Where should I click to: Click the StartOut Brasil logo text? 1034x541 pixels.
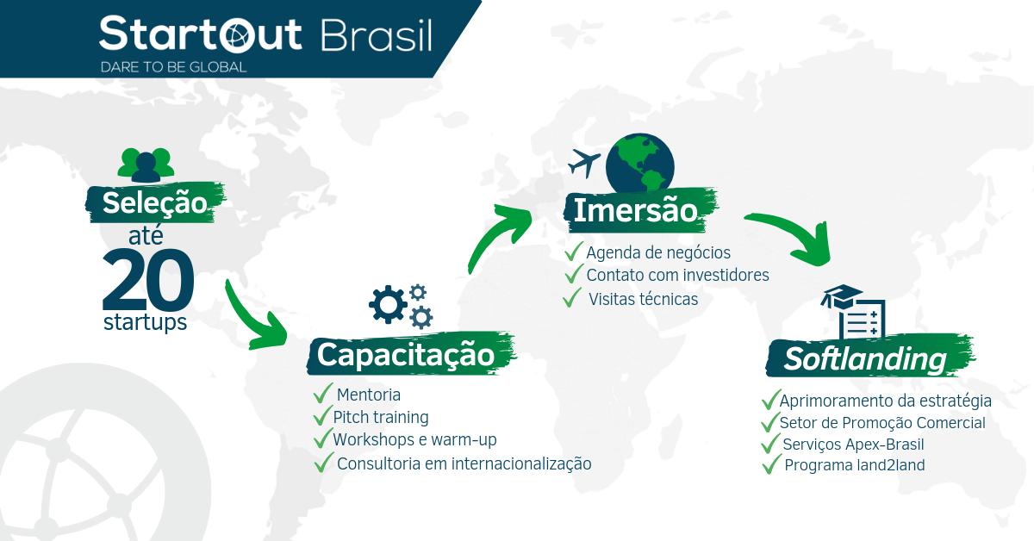[x=265, y=35]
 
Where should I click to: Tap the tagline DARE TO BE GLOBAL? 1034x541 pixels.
[x=173, y=66]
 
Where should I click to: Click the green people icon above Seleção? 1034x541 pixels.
[x=146, y=163]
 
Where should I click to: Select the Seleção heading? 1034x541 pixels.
[x=154, y=203]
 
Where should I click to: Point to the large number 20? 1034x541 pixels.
[x=147, y=279]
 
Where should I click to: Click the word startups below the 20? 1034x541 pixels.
[x=145, y=324]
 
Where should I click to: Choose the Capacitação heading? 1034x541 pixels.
[x=406, y=354]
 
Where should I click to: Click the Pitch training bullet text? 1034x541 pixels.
[x=381, y=418]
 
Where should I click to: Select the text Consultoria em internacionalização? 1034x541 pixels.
[x=464, y=463]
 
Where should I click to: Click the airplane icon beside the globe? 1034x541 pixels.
[x=584, y=162]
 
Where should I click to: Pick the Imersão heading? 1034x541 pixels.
[x=634, y=210]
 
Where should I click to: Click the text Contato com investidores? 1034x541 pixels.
[x=677, y=275]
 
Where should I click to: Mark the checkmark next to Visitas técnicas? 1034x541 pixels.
[x=570, y=299]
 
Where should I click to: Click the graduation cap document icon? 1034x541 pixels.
[x=854, y=312]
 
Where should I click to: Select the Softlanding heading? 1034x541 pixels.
[x=865, y=358]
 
